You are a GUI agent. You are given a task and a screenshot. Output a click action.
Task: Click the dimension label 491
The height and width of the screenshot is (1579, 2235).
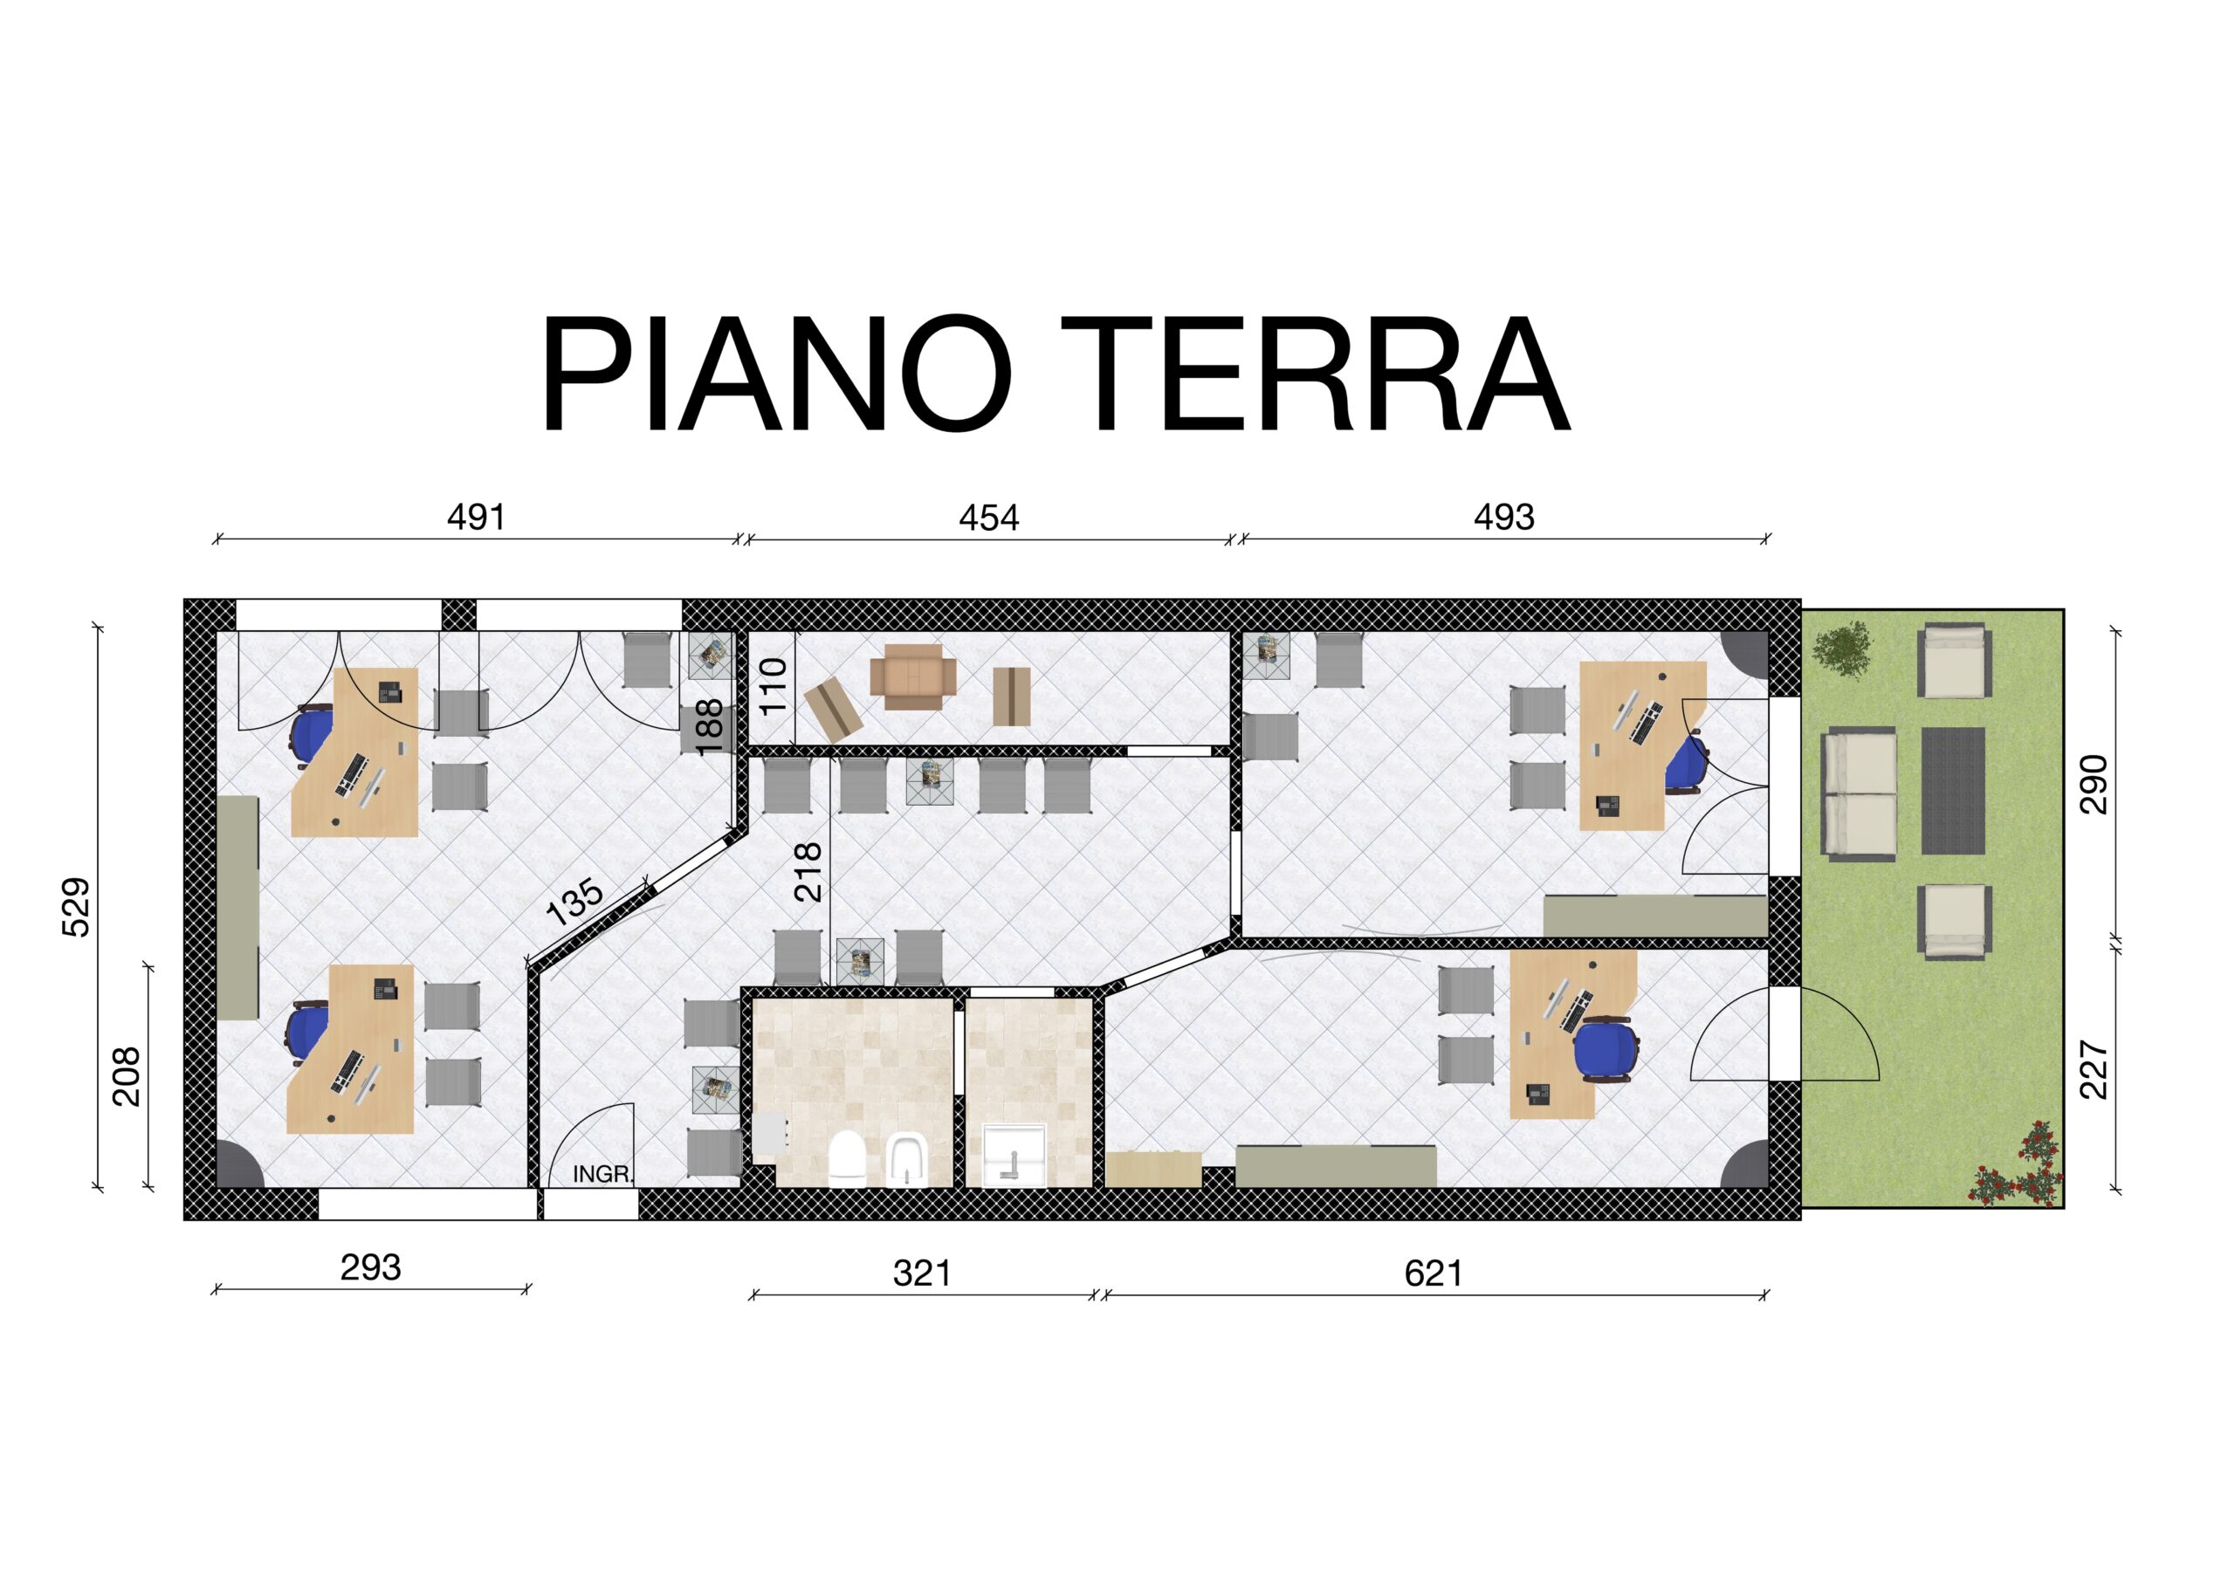476,517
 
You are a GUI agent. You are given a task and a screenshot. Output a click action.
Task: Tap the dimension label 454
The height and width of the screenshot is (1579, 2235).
989,518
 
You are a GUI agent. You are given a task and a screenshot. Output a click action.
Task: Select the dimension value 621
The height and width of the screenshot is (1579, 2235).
1434,1273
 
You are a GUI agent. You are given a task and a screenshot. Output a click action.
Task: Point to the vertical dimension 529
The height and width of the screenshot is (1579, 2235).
76,907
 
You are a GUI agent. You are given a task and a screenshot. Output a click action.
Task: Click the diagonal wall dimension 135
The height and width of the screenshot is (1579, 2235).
575,903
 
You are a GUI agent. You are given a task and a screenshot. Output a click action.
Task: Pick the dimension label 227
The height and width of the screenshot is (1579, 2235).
2092,1070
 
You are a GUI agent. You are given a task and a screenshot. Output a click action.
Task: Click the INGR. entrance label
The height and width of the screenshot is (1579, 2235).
602,1174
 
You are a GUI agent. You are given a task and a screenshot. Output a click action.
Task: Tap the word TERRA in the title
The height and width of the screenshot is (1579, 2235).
1314,374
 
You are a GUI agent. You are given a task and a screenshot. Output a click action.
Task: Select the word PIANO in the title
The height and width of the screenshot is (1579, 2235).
776,374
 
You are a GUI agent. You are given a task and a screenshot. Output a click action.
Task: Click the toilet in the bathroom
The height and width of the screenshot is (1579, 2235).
847,1158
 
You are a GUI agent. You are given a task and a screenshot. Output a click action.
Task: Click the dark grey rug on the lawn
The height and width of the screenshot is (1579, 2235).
1953,791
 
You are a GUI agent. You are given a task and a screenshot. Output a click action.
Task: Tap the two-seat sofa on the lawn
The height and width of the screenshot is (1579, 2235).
1860,795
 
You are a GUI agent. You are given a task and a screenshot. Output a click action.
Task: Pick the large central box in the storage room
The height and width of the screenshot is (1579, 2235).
912,676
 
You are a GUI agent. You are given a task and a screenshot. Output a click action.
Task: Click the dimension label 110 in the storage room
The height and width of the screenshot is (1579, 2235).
773,686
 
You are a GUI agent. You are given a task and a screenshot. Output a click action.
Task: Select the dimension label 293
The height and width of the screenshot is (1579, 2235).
370,1267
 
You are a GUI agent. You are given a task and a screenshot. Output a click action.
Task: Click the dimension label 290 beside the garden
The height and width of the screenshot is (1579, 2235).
2092,784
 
